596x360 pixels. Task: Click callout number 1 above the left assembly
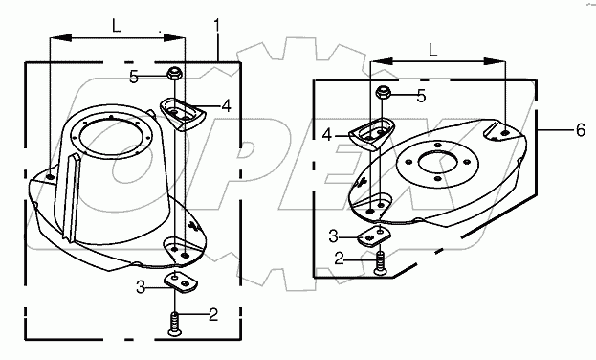pos(216,26)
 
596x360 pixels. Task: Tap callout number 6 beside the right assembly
pos(581,130)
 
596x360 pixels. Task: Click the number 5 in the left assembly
pos(134,78)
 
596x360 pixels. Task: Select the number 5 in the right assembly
pos(421,97)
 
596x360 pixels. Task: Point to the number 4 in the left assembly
pos(226,106)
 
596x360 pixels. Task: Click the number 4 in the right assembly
pos(327,135)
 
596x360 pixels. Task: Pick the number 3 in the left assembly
pos(141,287)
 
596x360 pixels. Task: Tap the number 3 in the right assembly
pos(333,236)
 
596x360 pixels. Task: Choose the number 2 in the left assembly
pos(213,315)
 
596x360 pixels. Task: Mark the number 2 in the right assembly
pos(339,259)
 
